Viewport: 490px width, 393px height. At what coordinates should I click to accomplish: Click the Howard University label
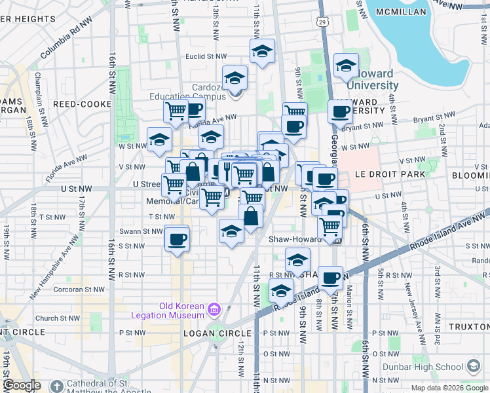tap(372, 79)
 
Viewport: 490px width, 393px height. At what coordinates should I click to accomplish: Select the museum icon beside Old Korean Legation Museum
tap(214, 309)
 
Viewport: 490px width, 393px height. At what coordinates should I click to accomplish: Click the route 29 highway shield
tap(322, 23)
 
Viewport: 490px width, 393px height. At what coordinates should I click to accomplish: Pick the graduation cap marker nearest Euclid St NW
tap(261, 52)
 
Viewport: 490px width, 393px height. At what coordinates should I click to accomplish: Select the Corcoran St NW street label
tap(79, 289)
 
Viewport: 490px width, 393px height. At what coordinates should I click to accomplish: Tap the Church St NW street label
tap(56, 318)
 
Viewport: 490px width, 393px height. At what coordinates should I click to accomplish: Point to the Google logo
tap(22, 385)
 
